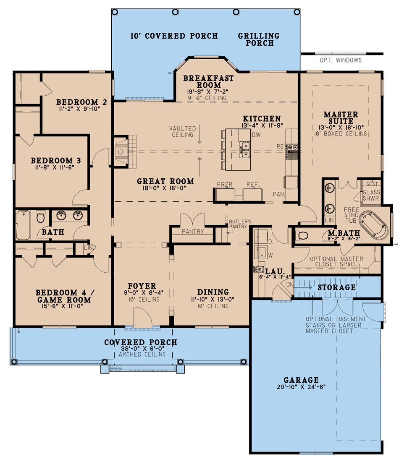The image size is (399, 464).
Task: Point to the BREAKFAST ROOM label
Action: pos(208,81)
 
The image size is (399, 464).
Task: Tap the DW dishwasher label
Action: pos(256,135)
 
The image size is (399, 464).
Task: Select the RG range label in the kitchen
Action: pos(280,147)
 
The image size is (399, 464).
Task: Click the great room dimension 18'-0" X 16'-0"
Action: pos(165,189)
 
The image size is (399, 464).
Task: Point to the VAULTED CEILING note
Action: pos(183,131)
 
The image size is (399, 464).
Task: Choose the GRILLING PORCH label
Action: pos(259,39)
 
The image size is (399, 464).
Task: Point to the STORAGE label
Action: pos(337,287)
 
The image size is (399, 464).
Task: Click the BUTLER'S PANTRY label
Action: pos(240,223)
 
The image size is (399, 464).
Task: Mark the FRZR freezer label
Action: pos(225,184)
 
